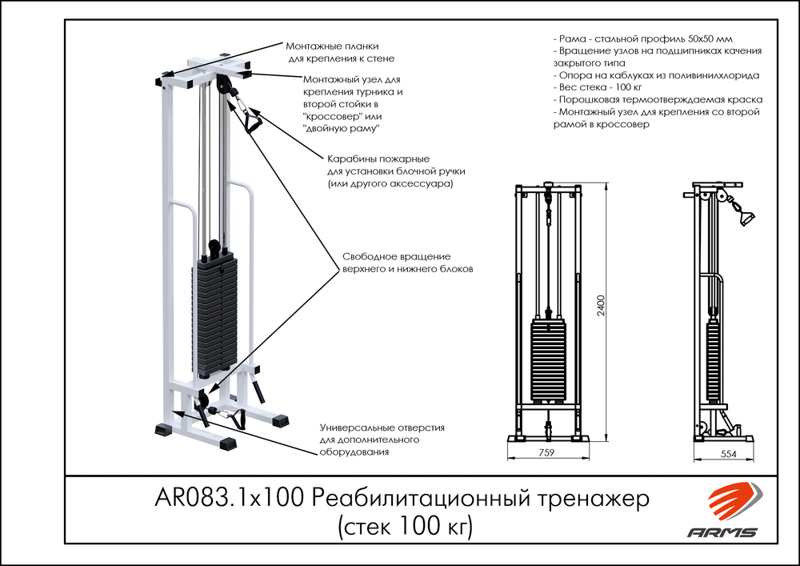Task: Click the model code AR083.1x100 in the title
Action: [227, 500]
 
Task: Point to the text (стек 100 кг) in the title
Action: [405, 526]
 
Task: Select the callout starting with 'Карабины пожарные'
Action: [396, 171]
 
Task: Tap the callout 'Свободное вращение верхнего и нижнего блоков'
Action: [408, 263]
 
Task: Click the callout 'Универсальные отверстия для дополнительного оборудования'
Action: [382, 440]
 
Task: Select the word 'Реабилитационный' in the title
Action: [416, 500]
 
